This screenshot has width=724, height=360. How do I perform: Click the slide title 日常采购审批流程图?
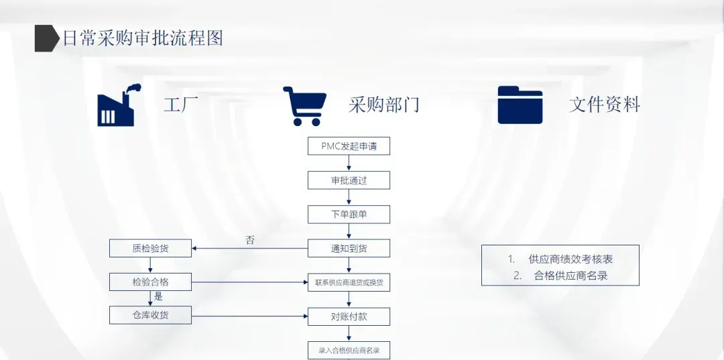point(142,38)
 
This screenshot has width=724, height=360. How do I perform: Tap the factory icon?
point(116,106)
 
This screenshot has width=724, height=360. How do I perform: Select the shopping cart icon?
point(305,106)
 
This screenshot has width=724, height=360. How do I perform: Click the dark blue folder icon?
point(520,105)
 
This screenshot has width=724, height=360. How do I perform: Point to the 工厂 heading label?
point(181,105)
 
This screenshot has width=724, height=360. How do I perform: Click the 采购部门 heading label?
point(383,105)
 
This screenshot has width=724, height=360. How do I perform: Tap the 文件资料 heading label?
point(604,105)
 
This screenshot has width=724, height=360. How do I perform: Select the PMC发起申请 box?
point(349,146)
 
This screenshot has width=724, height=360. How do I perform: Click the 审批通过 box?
point(349,180)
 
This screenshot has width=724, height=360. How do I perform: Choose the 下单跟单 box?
point(349,215)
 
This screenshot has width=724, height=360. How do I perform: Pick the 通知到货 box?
point(349,248)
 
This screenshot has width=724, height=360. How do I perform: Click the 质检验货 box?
point(150,248)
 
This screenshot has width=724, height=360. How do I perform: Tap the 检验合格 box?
point(150,282)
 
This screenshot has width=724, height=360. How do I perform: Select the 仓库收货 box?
point(150,314)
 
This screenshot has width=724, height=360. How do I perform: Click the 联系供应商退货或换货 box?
point(349,282)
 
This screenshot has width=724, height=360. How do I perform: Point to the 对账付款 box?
point(349,316)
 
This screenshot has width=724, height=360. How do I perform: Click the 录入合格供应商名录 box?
point(349,350)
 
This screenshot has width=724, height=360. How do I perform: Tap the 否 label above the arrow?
point(250,240)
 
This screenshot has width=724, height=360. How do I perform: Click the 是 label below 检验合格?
point(158,296)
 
